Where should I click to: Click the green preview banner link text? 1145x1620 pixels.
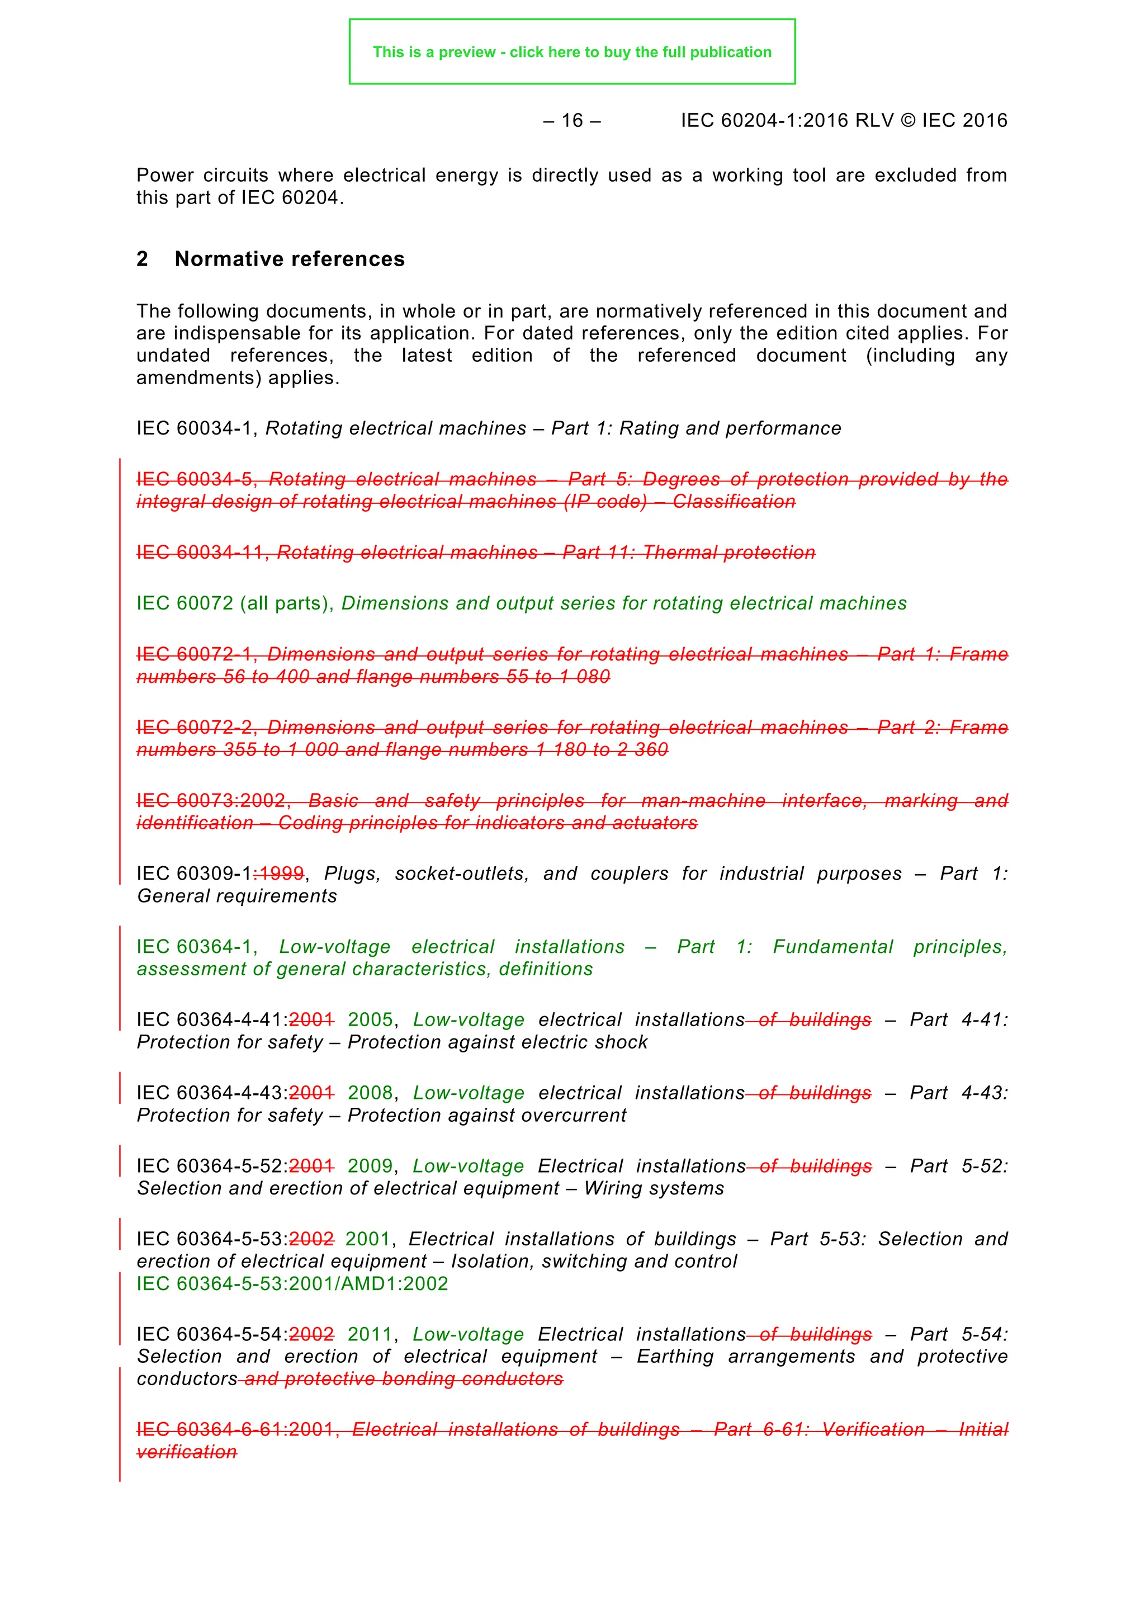point(571,52)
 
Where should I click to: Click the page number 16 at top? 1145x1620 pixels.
point(571,121)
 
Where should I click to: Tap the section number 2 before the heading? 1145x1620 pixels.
point(142,259)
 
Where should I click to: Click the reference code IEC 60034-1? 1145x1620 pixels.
point(194,428)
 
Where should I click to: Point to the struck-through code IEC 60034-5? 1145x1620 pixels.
point(194,480)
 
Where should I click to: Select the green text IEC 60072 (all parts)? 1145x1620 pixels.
point(233,603)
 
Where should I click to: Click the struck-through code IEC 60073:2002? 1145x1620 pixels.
point(210,801)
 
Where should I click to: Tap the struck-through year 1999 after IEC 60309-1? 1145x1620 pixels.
point(280,874)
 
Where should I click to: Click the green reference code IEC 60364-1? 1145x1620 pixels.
point(194,947)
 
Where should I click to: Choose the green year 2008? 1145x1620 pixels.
point(370,1093)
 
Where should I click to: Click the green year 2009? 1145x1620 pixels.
point(370,1166)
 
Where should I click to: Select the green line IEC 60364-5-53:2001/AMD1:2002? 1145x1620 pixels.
point(292,1283)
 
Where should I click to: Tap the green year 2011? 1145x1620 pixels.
point(370,1334)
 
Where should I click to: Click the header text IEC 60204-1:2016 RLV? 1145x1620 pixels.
point(787,121)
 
